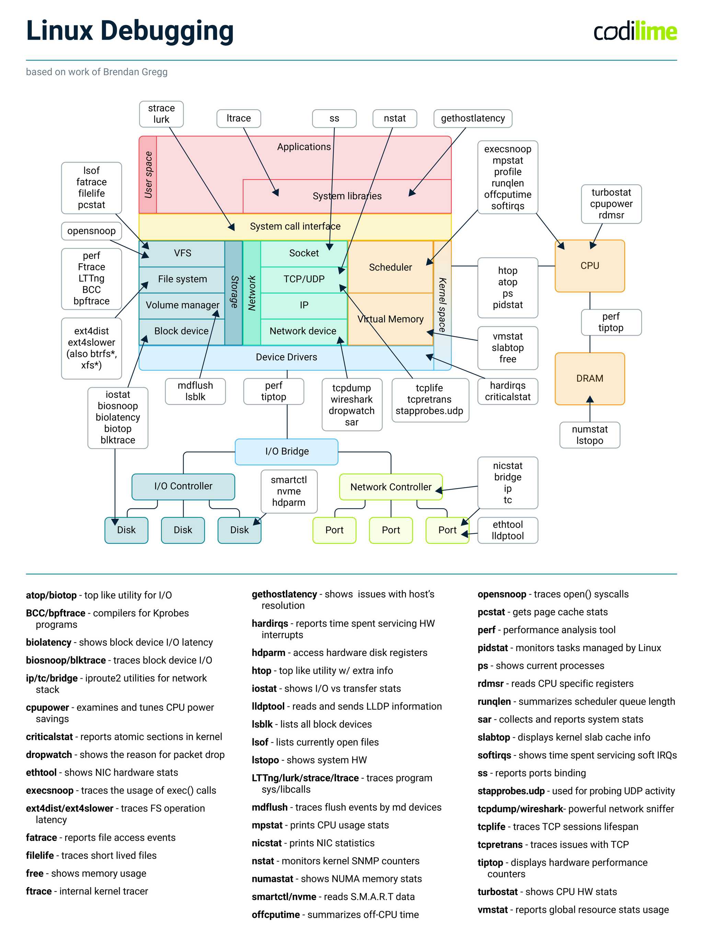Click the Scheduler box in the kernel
[390, 267]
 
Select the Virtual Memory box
[390, 319]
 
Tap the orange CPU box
[589, 266]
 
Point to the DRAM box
[589, 378]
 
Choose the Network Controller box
[390, 487]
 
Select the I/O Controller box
[183, 486]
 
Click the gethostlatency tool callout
[472, 118]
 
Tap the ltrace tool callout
[238, 118]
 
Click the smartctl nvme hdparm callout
[289, 491]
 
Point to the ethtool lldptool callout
[507, 530]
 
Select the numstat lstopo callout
[589, 435]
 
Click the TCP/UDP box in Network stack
[304, 279]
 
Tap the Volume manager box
[182, 305]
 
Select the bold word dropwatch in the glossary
[49, 755]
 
